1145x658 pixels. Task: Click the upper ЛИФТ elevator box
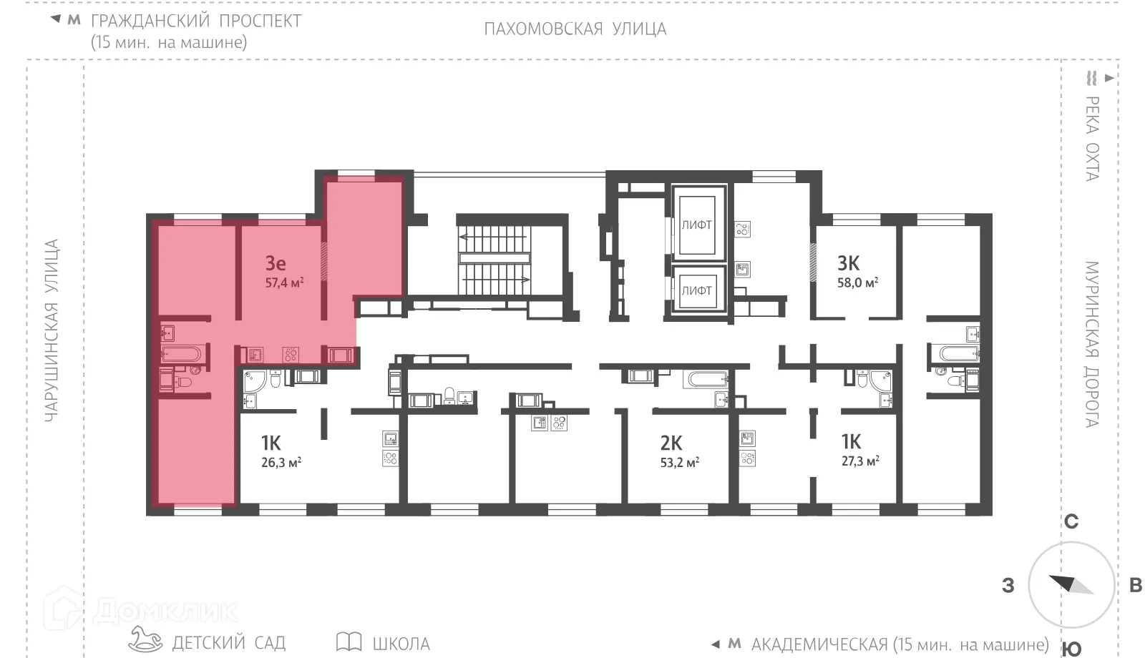pyautogui.click(x=696, y=225)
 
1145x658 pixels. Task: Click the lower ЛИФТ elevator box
pyautogui.click(x=696, y=290)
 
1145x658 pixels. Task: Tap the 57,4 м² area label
pyautogui.click(x=284, y=283)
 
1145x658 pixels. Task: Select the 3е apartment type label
pyautogui.click(x=276, y=263)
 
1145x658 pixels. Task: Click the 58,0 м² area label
pyautogui.click(x=857, y=283)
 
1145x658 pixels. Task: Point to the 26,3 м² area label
pyautogui.click(x=281, y=463)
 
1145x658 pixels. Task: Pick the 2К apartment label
pyautogui.click(x=671, y=443)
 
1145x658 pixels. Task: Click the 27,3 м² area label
pyautogui.click(x=859, y=461)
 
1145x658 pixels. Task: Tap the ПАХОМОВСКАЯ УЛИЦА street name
pyautogui.click(x=575, y=29)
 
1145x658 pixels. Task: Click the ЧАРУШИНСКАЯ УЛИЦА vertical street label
pyautogui.click(x=52, y=330)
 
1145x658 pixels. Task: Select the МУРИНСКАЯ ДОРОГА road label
pyautogui.click(x=1091, y=344)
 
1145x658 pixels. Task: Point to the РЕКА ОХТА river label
pyautogui.click(x=1091, y=138)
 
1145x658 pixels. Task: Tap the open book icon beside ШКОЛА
pyautogui.click(x=349, y=642)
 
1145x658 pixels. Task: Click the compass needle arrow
pyautogui.click(x=1070, y=584)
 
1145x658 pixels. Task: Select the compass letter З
pyautogui.click(x=1008, y=586)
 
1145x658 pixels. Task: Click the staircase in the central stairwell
pyautogui.click(x=494, y=257)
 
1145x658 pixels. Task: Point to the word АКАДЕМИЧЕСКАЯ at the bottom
pyautogui.click(x=819, y=644)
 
